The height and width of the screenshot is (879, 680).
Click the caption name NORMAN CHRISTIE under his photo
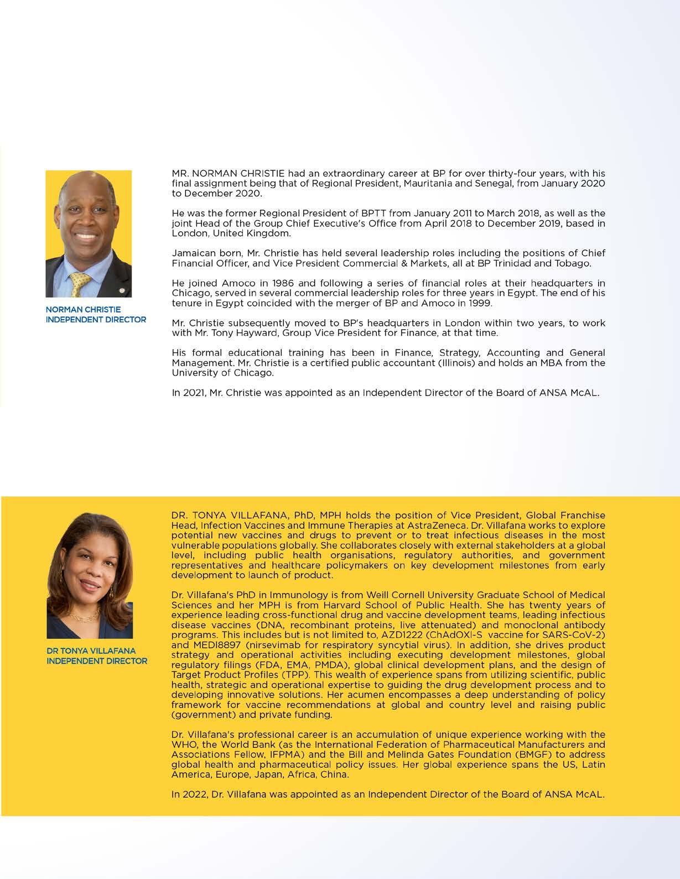click(83, 309)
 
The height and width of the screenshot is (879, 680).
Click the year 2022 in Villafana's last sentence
click(192, 795)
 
